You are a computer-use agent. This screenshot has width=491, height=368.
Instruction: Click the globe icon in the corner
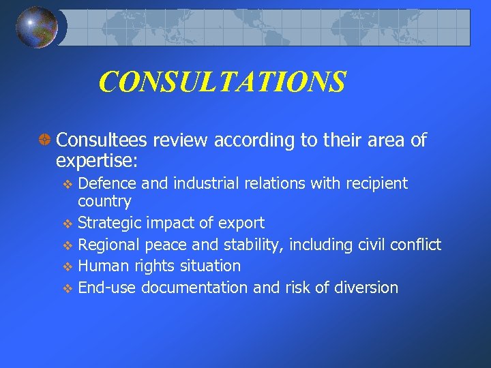point(37,27)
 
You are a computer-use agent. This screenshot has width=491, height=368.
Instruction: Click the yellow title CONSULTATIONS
point(222,82)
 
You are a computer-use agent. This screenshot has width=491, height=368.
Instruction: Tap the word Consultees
point(102,140)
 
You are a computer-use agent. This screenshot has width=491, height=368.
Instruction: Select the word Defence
point(106,183)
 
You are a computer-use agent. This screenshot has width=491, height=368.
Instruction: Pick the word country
point(104,201)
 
